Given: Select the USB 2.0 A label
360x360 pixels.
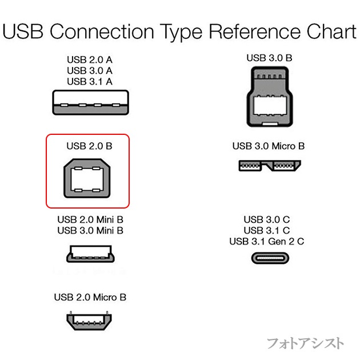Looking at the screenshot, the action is (89, 60).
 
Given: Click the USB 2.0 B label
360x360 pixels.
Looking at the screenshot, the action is (89, 146).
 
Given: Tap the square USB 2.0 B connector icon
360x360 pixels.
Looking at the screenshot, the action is (89, 178).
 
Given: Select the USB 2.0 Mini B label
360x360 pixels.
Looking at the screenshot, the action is (90, 220).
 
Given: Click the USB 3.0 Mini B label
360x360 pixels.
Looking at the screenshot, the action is (90, 230).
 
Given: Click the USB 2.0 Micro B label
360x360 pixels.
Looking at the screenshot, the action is (90, 297).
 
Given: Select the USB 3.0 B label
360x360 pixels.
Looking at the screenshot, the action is (269, 58).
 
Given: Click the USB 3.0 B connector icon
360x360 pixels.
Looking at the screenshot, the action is (269, 97).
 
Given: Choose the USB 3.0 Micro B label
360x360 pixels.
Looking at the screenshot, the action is (269, 146).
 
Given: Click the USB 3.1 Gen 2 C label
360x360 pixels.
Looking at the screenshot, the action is (267, 241).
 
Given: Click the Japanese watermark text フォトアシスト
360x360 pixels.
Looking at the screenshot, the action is (306, 343).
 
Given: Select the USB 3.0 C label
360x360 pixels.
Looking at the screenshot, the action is (267, 219).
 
